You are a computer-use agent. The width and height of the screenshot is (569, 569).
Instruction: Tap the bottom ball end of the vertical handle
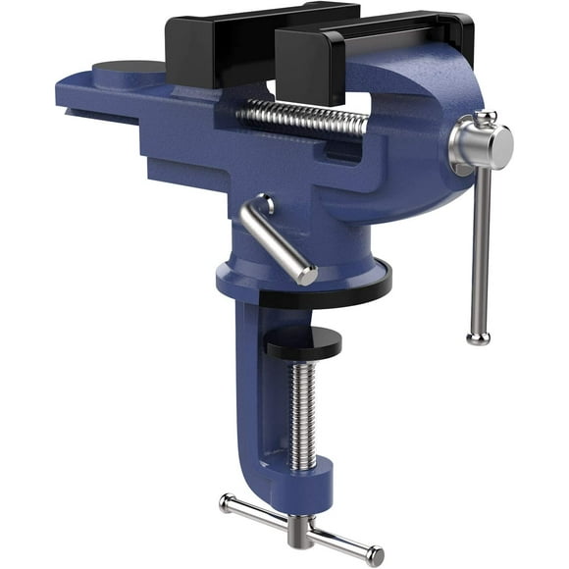click(x=478, y=337)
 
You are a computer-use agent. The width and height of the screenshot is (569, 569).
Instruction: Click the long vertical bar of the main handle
click(x=480, y=245)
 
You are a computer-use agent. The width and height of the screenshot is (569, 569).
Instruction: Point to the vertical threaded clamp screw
click(x=303, y=412)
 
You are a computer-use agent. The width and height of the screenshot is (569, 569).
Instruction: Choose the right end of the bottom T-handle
click(x=374, y=555)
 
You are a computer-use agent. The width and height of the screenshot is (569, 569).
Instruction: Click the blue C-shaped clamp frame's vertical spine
click(x=245, y=392)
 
